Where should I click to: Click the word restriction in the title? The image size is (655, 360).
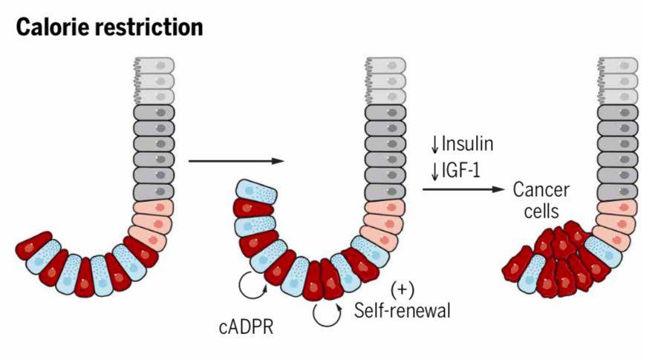[152, 27]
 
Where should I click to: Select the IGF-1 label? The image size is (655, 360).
[462, 171]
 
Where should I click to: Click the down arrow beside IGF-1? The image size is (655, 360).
[434, 171]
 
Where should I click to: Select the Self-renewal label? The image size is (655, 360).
[403, 309]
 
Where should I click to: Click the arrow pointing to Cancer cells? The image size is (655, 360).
[468, 189]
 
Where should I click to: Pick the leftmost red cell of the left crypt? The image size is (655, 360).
[36, 248]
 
